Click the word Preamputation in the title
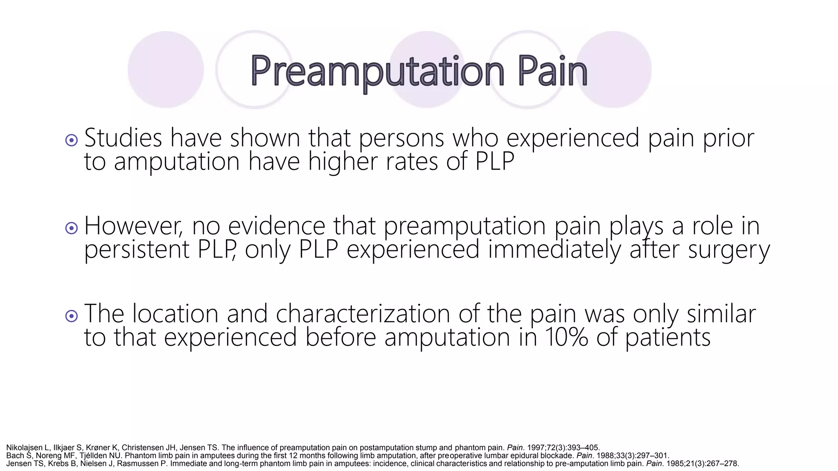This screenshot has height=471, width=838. tap(377, 72)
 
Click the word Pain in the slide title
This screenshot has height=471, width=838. tap(552, 72)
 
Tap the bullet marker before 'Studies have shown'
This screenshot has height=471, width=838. tap(72, 141)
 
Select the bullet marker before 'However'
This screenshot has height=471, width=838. tap(72, 228)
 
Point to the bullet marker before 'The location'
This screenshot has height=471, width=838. tap(72, 316)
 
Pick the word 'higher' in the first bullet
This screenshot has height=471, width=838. tap(342, 161)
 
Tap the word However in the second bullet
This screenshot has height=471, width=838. tap(133, 226)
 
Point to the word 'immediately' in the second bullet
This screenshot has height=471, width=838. tap(554, 250)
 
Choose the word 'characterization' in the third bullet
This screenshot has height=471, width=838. tap(363, 314)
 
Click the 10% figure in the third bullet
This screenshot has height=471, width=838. tap(566, 338)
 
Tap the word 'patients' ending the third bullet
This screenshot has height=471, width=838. tap(668, 338)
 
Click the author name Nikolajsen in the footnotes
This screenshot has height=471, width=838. tap(24, 448)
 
